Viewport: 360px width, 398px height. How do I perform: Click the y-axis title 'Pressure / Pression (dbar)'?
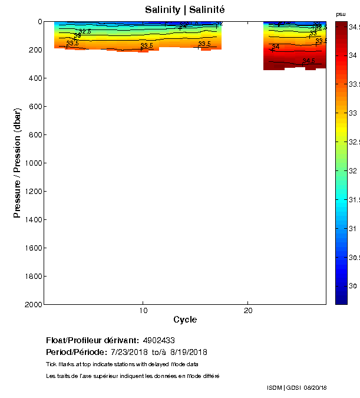18,163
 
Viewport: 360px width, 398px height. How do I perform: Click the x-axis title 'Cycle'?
185,320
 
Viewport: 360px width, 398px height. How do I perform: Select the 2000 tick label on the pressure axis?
32,304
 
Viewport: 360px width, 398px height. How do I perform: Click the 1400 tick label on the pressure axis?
32,219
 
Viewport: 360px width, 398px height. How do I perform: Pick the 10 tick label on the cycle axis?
143,311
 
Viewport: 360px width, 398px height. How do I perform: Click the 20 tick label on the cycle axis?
248,311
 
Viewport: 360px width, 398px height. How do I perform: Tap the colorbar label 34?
353,55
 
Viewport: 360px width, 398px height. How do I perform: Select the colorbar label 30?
353,286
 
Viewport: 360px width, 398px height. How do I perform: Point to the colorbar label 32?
353,171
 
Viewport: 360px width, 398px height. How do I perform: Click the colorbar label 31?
353,228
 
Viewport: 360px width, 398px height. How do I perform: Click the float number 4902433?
158,340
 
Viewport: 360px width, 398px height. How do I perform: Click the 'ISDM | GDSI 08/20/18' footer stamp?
296,387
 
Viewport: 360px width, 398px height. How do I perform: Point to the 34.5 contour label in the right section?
309,61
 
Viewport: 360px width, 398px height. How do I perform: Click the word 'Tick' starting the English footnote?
51,364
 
